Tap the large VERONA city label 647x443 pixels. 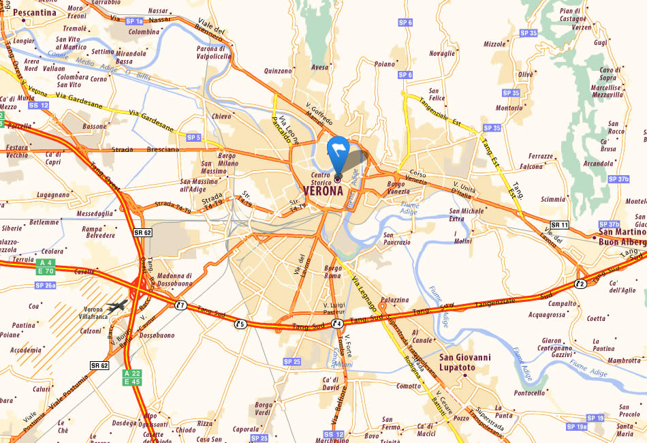[x=323, y=192]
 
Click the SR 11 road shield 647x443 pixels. [x=559, y=225]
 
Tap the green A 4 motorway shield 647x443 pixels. [x=46, y=262]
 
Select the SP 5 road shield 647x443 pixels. [x=193, y=138]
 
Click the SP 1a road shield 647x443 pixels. [x=135, y=22]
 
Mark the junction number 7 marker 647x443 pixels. [x=180, y=305]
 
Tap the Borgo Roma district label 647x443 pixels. [x=333, y=272]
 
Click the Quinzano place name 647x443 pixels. [x=278, y=70]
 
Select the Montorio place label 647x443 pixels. [x=509, y=108]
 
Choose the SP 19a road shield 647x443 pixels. [x=577, y=427]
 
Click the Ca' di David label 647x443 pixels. [x=330, y=383]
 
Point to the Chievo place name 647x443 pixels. [x=222, y=117]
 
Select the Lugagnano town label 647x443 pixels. [x=53, y=194]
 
